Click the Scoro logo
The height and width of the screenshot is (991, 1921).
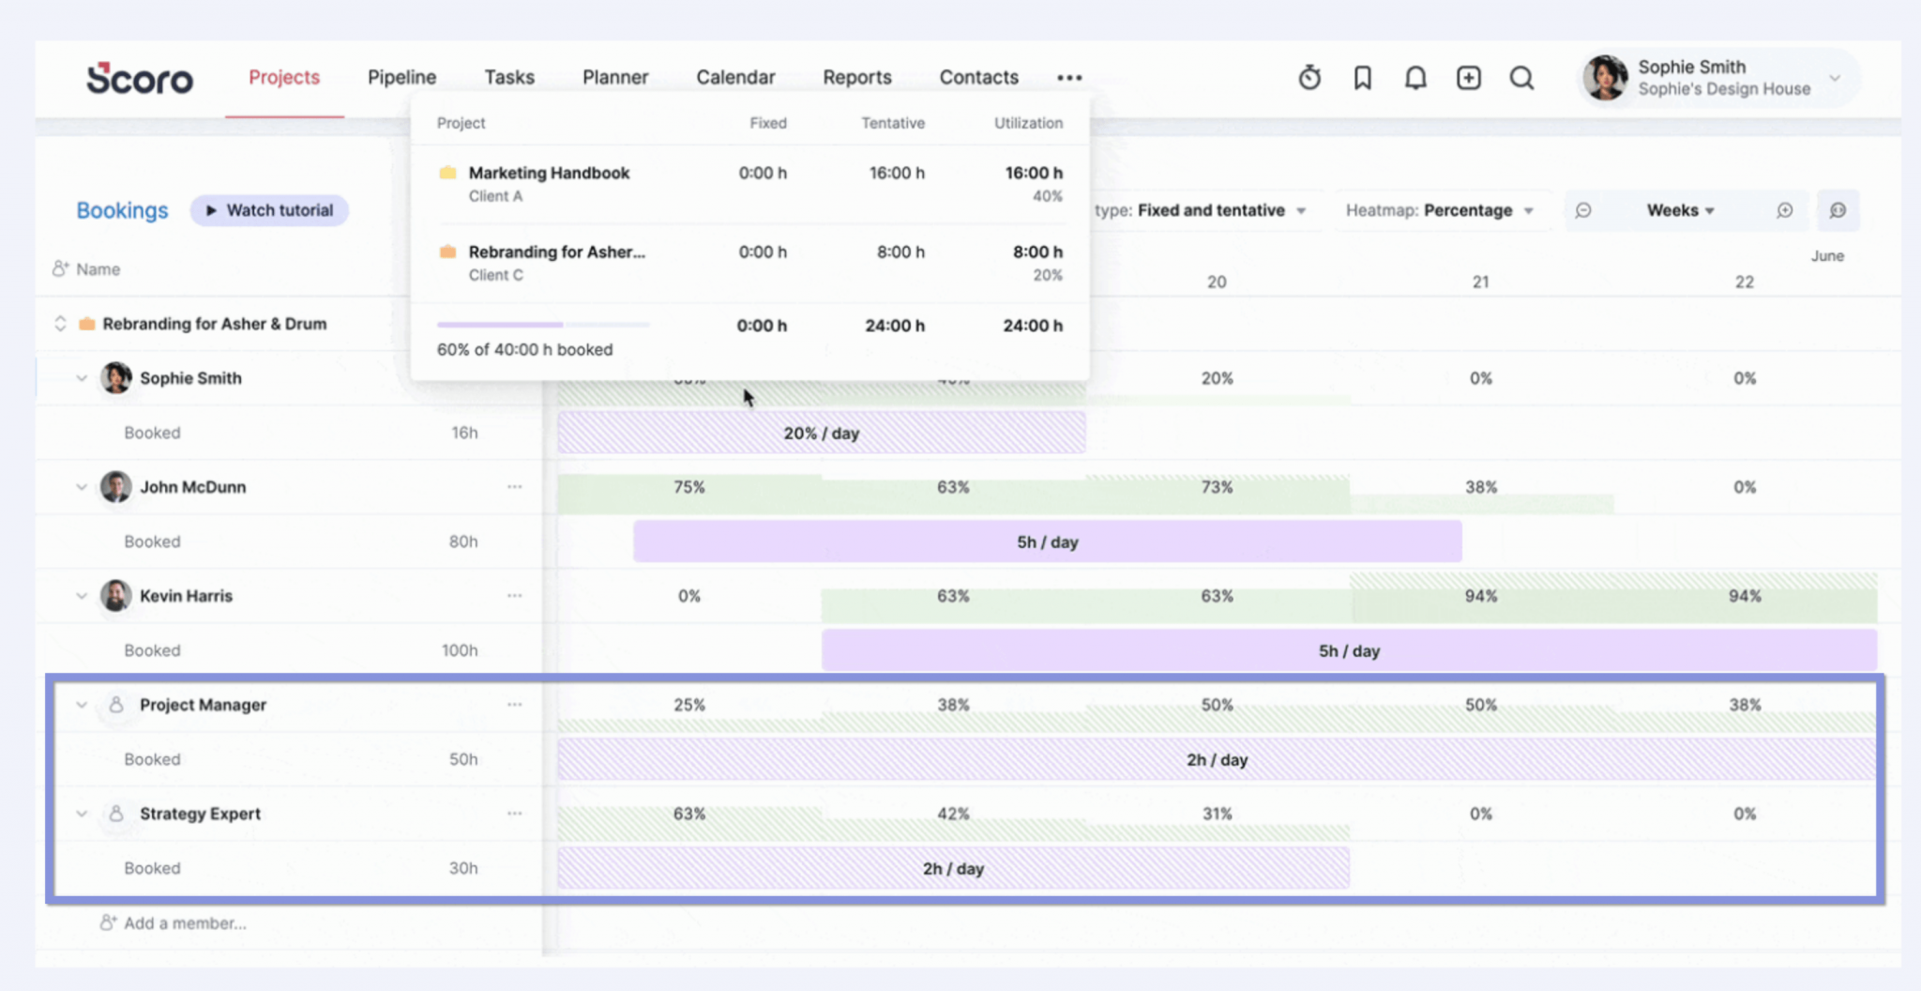coord(140,79)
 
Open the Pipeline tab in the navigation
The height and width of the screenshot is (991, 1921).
coord(401,78)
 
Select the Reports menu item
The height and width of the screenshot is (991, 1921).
coord(856,78)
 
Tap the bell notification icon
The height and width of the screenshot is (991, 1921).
coord(1415,78)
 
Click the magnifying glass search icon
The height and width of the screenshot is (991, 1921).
coord(1521,78)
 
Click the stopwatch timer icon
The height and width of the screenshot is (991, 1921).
coord(1309,78)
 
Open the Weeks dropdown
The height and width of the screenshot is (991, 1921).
coord(1680,210)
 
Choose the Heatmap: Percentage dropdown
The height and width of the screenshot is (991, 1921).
coord(1439,210)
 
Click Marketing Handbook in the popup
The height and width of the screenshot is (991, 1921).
coord(549,173)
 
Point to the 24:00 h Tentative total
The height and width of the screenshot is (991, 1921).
coord(894,326)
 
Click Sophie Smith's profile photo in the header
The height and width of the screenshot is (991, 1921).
coord(1605,77)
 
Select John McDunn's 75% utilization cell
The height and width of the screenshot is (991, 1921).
coord(688,487)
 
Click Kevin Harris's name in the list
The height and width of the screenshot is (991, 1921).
coord(186,596)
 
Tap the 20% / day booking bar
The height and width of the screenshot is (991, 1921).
coord(821,434)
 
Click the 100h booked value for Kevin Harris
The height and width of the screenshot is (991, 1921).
coord(460,650)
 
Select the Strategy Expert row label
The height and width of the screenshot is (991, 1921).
coord(200,814)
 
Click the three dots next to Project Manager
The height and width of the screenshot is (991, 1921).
coord(514,705)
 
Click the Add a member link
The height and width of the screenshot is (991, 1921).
coord(184,923)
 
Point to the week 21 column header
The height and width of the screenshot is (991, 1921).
coord(1480,282)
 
